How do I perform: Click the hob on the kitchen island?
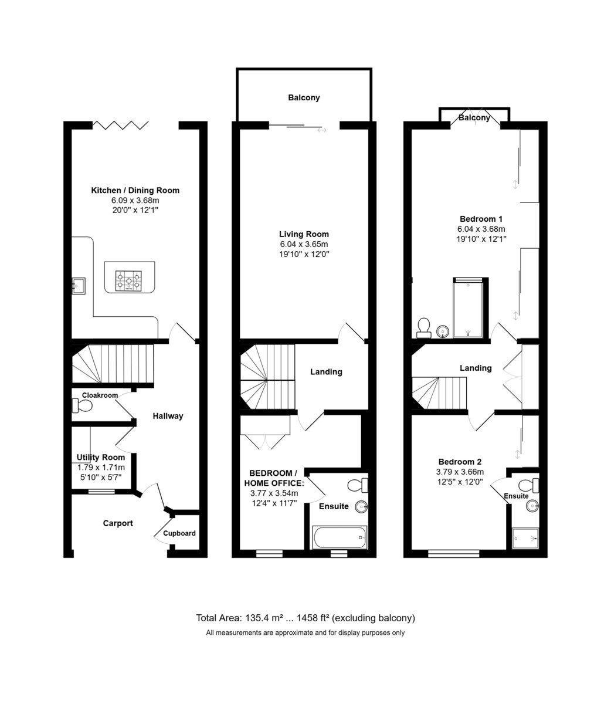pyautogui.click(x=128, y=281)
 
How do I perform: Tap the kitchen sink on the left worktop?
pyautogui.click(x=79, y=286)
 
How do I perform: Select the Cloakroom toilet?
pyautogui.click(x=82, y=406)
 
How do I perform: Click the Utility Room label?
pyautogui.click(x=101, y=457)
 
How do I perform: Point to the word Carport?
pyautogui.click(x=118, y=523)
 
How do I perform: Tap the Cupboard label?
pyautogui.click(x=179, y=533)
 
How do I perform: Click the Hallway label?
pyautogui.click(x=168, y=416)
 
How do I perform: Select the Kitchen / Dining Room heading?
pyautogui.click(x=135, y=190)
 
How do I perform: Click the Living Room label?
pyautogui.click(x=304, y=234)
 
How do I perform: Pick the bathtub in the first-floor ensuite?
pyautogui.click(x=340, y=537)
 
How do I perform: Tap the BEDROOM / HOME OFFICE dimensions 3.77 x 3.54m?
pyautogui.click(x=274, y=493)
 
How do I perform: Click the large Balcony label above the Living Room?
pyautogui.click(x=304, y=98)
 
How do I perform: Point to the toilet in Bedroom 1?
pyautogui.click(x=423, y=327)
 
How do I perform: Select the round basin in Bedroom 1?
pyautogui.click(x=443, y=331)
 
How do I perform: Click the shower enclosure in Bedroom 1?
pyautogui.click(x=468, y=308)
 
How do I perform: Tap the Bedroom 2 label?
pyautogui.click(x=460, y=462)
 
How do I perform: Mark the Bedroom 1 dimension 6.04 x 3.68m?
pyautogui.click(x=481, y=229)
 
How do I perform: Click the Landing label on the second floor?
pyautogui.click(x=476, y=368)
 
